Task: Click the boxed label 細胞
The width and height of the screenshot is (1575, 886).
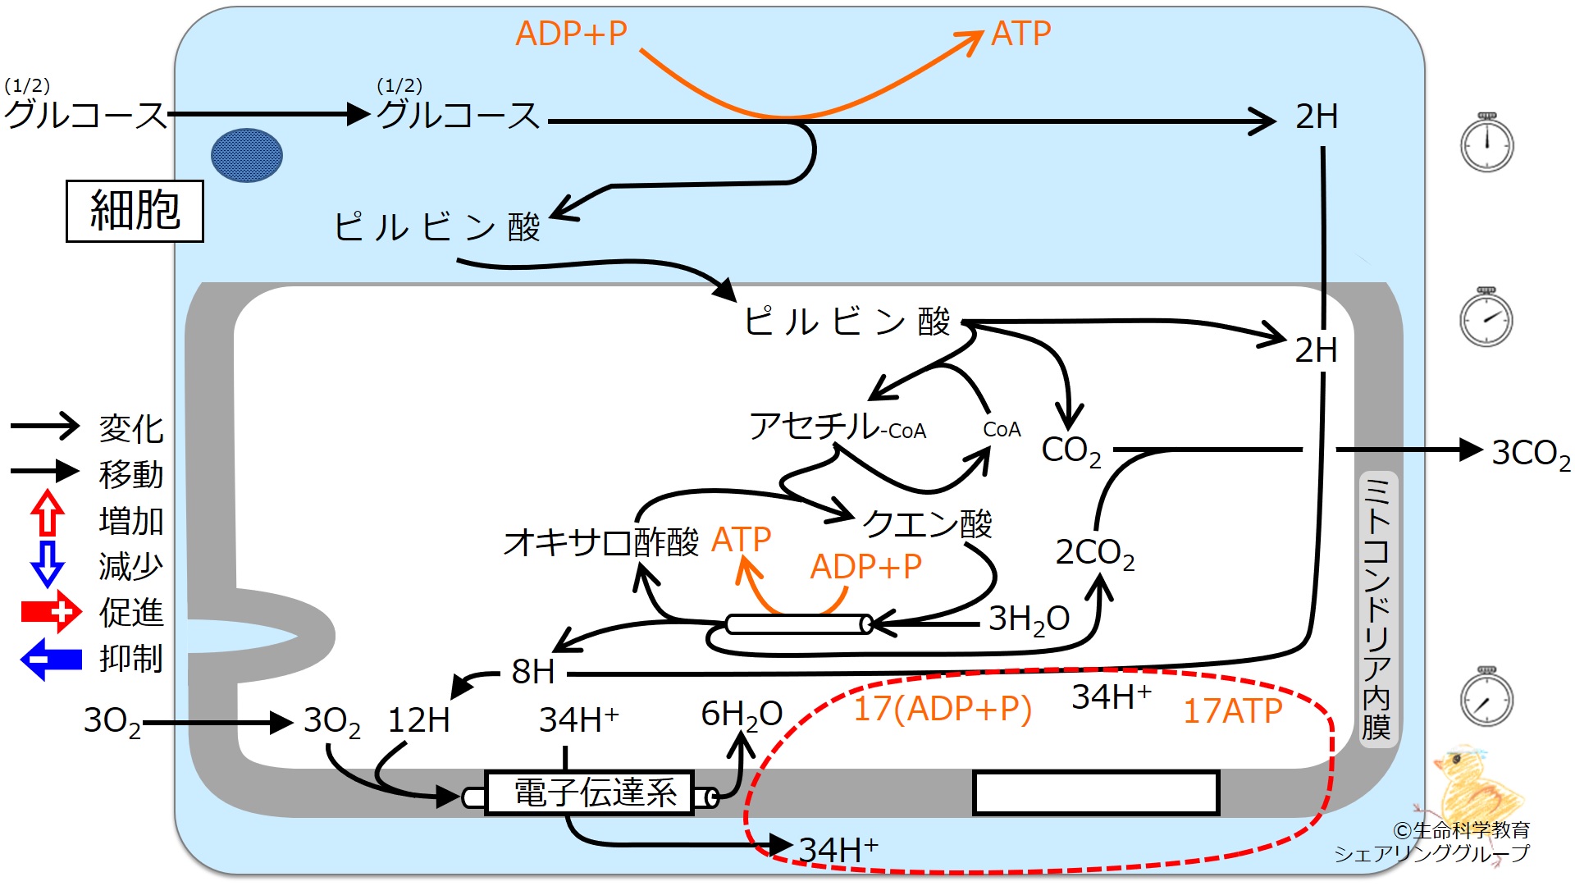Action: pyautogui.click(x=135, y=211)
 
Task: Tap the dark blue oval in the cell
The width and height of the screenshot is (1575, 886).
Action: pyautogui.click(x=247, y=155)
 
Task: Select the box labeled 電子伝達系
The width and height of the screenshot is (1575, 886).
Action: pyautogui.click(x=590, y=792)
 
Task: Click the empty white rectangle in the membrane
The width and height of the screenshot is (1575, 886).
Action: pyautogui.click(x=1096, y=792)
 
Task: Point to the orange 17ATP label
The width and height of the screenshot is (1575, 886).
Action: pyautogui.click(x=1232, y=710)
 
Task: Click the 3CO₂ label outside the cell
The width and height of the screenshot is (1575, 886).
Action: pyautogui.click(x=1531, y=454)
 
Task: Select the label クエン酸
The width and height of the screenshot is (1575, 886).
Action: pyautogui.click(x=927, y=523)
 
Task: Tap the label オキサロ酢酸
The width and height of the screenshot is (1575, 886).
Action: pyautogui.click(x=601, y=542)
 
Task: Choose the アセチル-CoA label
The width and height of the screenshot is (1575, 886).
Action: pyautogui.click(x=838, y=427)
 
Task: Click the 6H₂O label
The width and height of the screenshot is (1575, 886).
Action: pyautogui.click(x=742, y=715)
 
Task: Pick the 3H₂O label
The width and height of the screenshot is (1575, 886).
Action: pyautogui.click(x=1029, y=619)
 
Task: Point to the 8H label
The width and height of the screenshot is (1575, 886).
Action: pyautogui.click(x=533, y=672)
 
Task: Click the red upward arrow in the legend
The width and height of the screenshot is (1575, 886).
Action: pyautogui.click(x=48, y=513)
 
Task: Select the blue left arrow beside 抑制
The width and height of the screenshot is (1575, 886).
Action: pyautogui.click(x=51, y=660)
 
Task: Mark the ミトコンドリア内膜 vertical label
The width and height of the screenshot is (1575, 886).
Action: pyautogui.click(x=1376, y=608)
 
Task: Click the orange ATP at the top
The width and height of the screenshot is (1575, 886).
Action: pyautogui.click(x=1020, y=34)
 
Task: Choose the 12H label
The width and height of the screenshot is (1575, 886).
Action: pyautogui.click(x=418, y=720)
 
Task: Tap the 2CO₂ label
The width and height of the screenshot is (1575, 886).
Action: pyautogui.click(x=1095, y=554)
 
